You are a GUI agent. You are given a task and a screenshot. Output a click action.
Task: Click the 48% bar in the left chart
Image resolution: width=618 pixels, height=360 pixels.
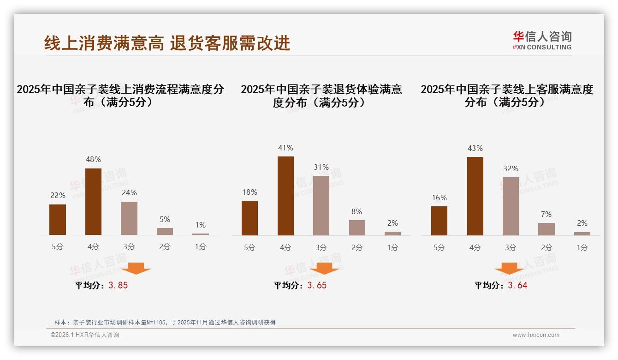click(93, 202)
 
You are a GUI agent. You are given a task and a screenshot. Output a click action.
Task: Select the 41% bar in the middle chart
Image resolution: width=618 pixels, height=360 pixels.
click(285, 196)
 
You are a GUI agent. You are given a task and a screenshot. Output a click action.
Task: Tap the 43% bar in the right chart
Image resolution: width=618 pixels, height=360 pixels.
click(475, 196)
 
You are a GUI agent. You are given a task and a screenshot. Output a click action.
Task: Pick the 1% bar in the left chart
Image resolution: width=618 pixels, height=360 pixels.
click(201, 234)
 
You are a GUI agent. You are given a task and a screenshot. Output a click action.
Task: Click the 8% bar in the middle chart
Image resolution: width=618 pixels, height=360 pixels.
click(357, 228)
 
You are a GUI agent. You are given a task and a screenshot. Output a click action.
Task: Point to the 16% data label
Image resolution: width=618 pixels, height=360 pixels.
click(439, 198)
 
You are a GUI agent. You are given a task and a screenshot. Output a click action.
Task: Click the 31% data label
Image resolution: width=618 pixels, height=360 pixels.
click(321, 167)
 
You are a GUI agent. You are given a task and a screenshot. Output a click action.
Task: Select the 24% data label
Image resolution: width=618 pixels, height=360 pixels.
click(129, 192)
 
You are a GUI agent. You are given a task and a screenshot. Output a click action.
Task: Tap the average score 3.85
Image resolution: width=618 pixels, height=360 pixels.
click(118, 285)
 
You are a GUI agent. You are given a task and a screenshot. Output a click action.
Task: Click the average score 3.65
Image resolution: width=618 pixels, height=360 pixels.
click(317, 285)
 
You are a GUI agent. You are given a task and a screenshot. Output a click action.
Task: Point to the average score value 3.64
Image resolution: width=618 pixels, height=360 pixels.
click(517, 285)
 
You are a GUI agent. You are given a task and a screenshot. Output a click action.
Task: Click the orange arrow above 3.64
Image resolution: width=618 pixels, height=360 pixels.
click(509, 269)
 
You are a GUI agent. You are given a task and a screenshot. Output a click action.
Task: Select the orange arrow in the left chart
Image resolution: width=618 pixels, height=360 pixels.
click(136, 268)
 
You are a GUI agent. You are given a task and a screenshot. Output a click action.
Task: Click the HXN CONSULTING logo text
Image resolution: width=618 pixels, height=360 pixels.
click(542, 47)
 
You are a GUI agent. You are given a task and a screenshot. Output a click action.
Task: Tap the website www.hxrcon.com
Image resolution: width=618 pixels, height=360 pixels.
click(536, 335)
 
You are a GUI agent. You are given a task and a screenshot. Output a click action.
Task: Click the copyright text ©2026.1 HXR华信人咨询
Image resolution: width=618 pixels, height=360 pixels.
click(85, 335)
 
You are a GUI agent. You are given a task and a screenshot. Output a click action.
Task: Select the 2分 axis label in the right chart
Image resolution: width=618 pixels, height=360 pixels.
click(547, 247)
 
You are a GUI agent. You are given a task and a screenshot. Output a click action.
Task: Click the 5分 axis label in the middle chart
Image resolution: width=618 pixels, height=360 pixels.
click(250, 247)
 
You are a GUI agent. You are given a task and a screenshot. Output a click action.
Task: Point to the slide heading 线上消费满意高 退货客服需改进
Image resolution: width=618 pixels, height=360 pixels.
click(167, 43)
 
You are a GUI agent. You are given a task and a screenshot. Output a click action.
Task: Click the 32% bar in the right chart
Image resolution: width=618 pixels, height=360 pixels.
click(511, 206)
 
